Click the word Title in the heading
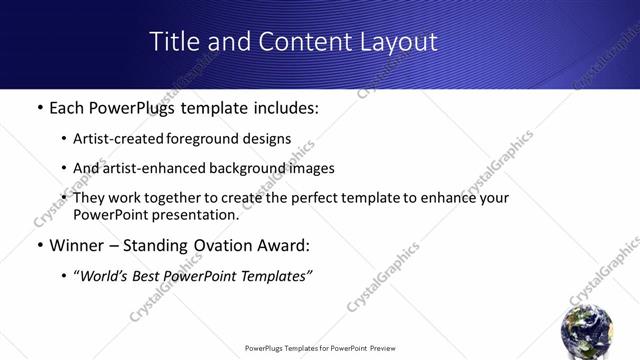[174, 41]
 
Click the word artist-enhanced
[152, 168]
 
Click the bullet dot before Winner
[39, 246]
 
